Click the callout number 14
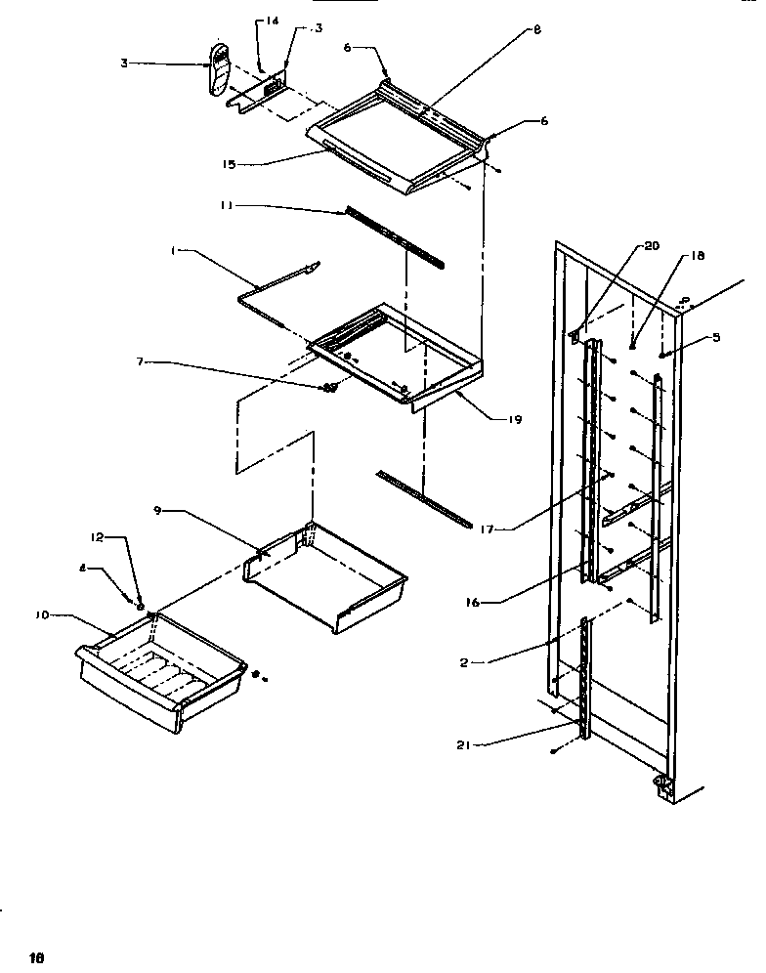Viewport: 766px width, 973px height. tap(273, 20)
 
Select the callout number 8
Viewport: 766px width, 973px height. tap(536, 30)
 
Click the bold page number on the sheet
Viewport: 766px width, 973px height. tap(38, 956)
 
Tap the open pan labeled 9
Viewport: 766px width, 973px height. tap(327, 576)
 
